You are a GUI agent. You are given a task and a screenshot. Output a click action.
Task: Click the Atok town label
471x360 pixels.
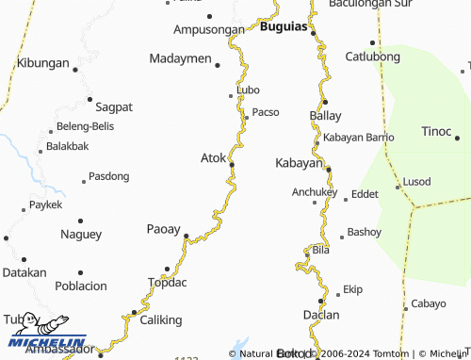213,157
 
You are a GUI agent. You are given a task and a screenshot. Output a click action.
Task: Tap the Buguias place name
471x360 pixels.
284,28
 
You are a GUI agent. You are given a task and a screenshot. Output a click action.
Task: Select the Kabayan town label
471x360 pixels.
299,163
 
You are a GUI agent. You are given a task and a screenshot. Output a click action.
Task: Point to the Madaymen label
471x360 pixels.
180,58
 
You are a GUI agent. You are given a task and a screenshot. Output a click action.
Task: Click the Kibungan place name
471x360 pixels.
43,63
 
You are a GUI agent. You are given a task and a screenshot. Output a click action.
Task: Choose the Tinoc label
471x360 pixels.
436,130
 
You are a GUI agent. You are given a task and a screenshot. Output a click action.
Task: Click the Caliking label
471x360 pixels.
160,320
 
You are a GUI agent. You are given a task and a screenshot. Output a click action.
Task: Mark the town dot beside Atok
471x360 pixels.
232,165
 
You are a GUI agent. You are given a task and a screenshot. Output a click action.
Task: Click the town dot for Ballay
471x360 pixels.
325,102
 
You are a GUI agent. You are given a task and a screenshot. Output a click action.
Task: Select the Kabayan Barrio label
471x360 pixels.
358,138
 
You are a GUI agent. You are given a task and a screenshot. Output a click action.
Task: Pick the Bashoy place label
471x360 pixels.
365,231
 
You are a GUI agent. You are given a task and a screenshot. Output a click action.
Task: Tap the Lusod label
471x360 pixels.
416,181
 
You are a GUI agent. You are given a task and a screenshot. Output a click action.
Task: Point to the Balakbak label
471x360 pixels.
67,146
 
